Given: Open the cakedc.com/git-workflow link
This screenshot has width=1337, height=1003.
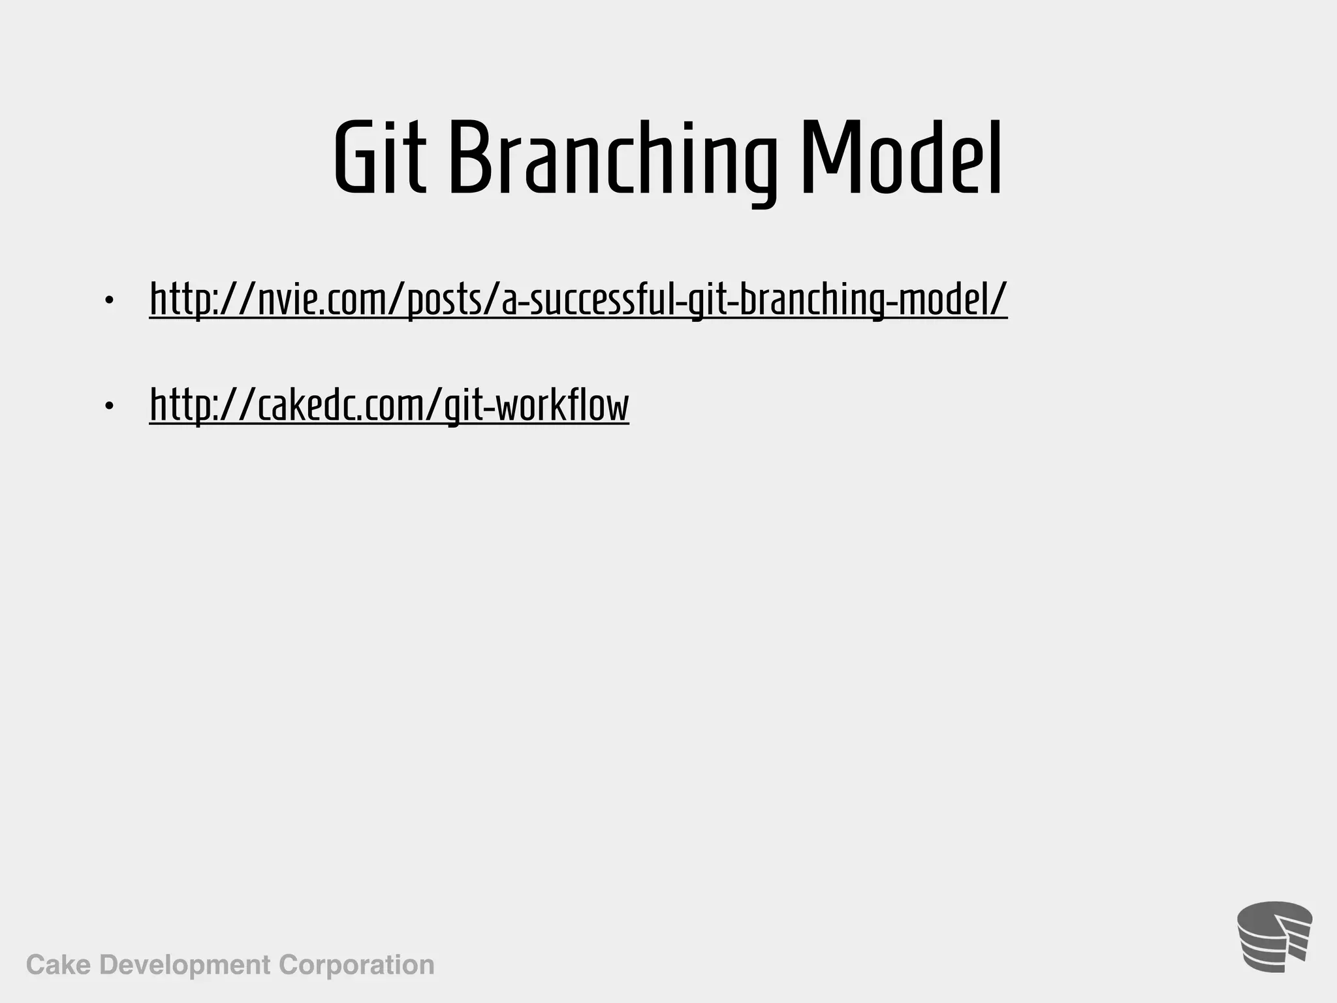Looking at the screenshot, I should point(389,406).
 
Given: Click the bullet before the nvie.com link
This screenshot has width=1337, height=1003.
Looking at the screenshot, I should point(109,300).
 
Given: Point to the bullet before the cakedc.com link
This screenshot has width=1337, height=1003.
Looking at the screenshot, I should point(109,407).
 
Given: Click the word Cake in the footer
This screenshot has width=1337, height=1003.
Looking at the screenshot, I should point(58,964).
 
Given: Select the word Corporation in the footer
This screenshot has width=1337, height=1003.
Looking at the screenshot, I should point(356,964).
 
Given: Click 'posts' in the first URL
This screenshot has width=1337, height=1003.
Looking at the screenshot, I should point(444,300).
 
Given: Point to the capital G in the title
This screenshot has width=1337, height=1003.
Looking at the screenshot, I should point(356,159).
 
